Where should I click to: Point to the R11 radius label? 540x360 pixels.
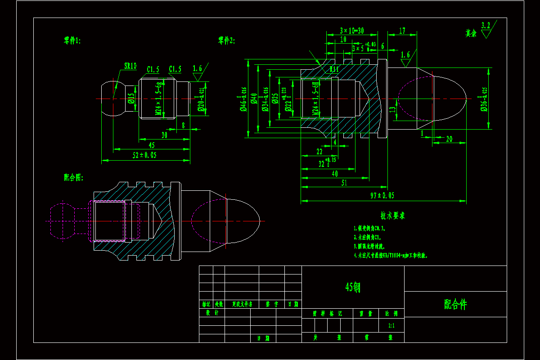tap(334, 70)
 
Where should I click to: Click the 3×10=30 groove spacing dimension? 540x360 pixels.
tap(352, 31)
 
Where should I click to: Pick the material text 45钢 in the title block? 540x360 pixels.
tap(352, 287)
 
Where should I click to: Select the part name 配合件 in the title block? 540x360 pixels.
tap(455, 305)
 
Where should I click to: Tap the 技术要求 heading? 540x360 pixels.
tap(393, 216)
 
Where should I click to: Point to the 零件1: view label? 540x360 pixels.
tap(72, 41)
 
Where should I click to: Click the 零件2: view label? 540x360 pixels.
tap(226, 41)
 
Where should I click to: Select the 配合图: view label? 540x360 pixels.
tap(73, 178)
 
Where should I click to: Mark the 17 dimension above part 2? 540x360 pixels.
tap(402, 31)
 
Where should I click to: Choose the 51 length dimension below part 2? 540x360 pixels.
tap(344, 183)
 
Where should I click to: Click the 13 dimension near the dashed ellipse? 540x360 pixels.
tap(392, 109)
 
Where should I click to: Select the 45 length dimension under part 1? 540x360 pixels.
tap(151, 145)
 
